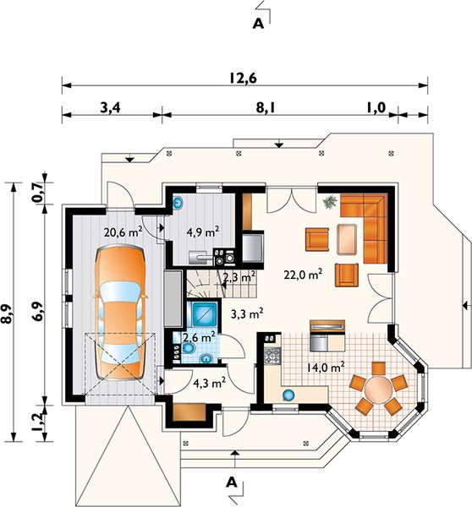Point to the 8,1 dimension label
tap(279, 107)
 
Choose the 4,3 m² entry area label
tap(206, 382)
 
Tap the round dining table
tap(381, 390)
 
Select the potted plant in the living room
tap(328, 201)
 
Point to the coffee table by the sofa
tap(347, 239)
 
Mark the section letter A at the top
tap(259, 25)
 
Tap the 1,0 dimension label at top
tap(376, 107)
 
